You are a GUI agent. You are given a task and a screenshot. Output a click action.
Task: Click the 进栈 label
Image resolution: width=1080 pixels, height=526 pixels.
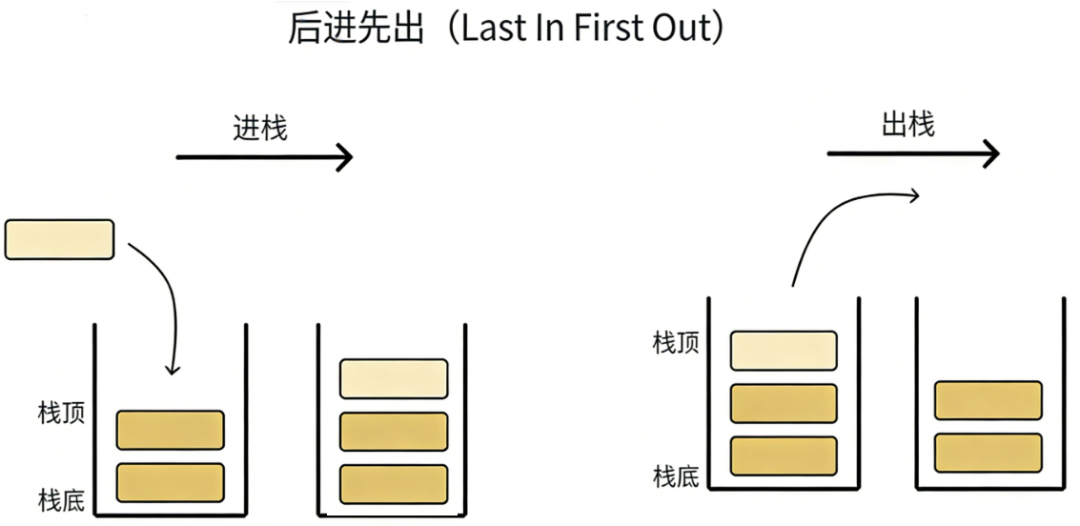coord(260,128)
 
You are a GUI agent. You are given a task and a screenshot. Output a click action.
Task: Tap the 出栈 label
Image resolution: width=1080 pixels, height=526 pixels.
coord(907,125)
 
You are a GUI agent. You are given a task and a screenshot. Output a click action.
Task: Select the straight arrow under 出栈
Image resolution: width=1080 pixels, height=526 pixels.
coord(912,153)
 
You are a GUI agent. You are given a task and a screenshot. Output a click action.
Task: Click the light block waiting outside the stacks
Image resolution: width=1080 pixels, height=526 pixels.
coord(59,239)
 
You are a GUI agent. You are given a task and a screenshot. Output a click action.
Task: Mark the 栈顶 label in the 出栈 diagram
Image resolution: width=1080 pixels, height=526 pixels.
coord(676,343)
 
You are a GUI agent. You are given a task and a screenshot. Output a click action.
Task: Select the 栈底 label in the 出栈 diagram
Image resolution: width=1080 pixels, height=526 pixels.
coord(676,476)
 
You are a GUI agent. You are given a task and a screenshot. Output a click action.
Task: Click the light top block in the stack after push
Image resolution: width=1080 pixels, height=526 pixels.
coord(394,378)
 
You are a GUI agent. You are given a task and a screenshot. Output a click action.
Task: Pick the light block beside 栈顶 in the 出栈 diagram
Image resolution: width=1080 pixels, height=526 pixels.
coord(784,351)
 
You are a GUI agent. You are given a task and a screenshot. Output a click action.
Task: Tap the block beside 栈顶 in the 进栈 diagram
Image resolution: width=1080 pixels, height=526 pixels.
coord(170,430)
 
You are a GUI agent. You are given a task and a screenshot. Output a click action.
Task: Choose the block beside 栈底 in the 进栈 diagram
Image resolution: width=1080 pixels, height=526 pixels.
coord(170,482)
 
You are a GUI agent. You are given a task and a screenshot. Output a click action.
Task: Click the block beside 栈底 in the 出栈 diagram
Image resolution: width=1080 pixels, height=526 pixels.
coord(784,455)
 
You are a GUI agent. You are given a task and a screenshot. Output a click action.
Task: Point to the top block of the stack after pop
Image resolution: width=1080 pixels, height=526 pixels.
coord(988,400)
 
